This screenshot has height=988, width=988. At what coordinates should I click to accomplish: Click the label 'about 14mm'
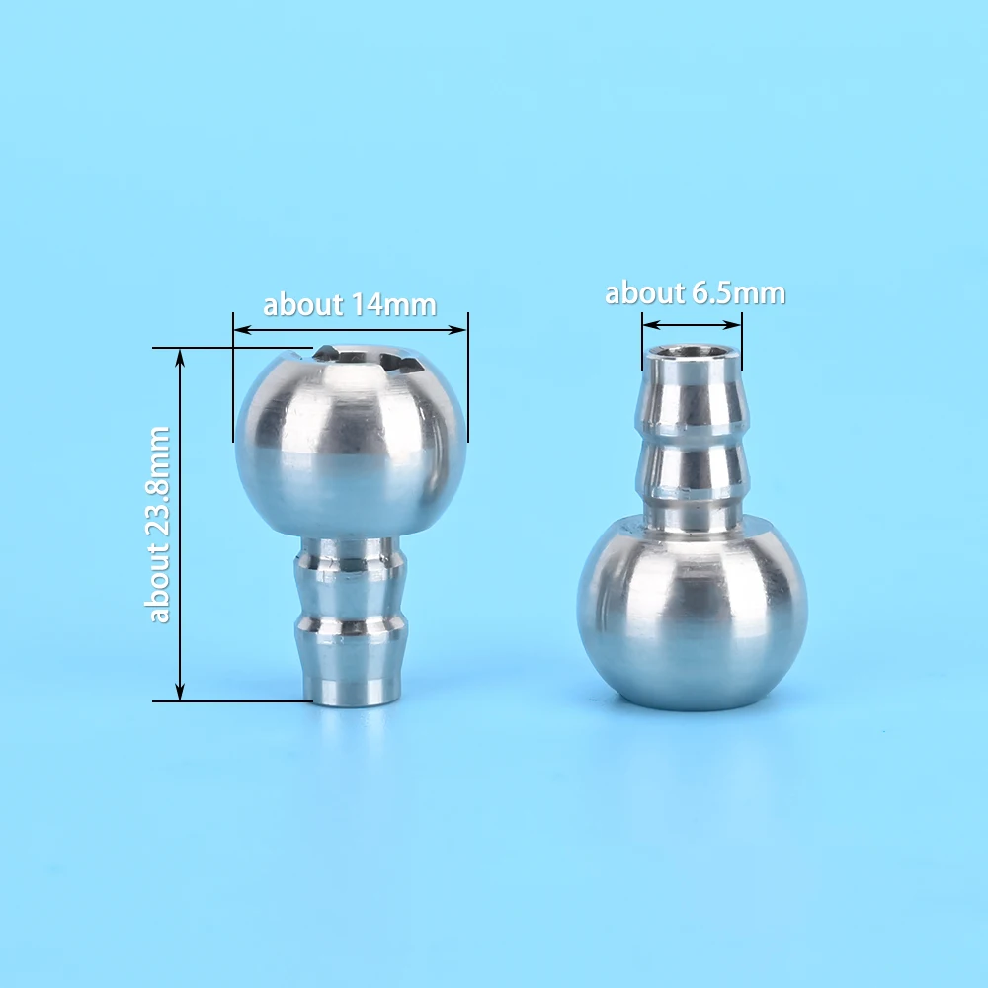tap(350, 305)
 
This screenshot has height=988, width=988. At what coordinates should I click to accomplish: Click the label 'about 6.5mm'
tap(695, 293)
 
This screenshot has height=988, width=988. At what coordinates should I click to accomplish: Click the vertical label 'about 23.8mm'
tap(158, 525)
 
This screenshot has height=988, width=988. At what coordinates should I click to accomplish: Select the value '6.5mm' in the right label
tap(739, 293)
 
